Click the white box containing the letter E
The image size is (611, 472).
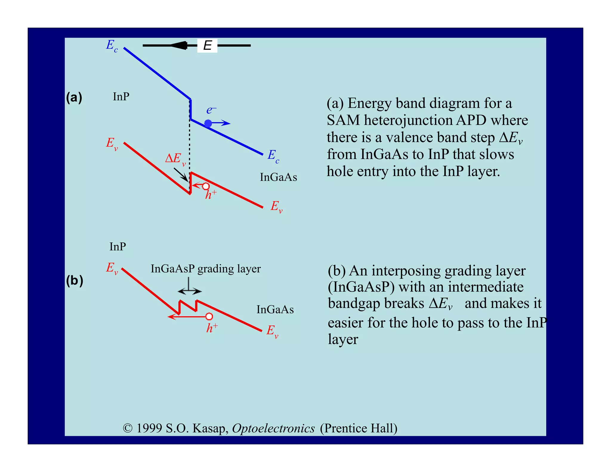[207, 46]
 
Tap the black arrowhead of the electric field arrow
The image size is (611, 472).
[179, 46]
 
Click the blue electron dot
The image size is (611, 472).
[208, 123]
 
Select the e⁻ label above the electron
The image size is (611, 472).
[211, 110]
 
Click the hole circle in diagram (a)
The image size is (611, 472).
[206, 186]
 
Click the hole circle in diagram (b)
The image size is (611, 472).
[209, 316]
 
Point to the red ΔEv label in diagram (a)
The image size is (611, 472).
[175, 159]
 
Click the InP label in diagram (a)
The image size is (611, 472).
[121, 97]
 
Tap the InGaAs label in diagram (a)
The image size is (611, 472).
[278, 177]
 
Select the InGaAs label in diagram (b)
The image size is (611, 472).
[275, 310]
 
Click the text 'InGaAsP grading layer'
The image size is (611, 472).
[206, 269]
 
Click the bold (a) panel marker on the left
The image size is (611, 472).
[74, 98]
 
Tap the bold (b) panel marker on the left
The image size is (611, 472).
[74, 281]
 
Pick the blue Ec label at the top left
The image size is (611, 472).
[112, 46]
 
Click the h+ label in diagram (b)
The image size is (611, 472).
[212, 328]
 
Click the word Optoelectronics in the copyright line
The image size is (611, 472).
[273, 428]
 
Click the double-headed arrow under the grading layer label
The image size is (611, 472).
[190, 291]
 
